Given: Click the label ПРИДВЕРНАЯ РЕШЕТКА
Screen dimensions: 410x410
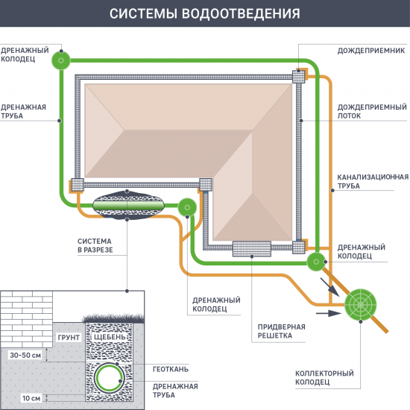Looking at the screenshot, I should coord(280,331).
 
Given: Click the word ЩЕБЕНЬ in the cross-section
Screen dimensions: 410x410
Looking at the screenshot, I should coord(101,338).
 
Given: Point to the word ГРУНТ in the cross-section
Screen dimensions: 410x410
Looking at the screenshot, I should coord(68,338).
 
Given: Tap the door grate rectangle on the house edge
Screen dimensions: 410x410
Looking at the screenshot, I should coord(251,248).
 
